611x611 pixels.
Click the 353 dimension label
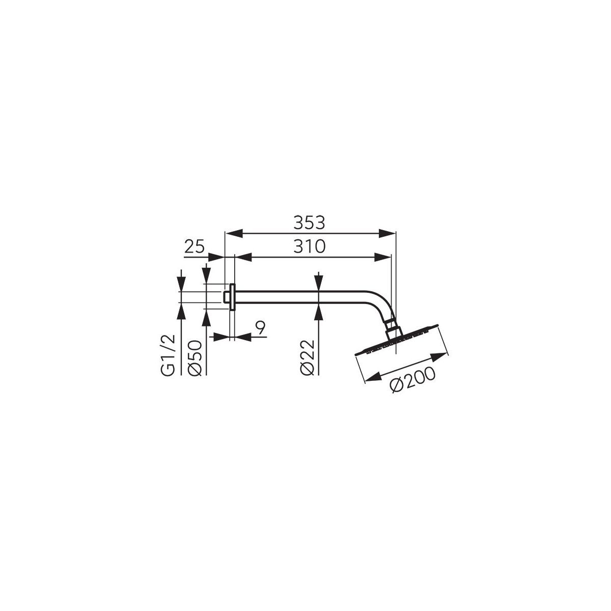(x=309, y=223)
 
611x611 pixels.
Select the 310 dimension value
(x=309, y=246)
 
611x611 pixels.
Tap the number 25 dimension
(x=195, y=246)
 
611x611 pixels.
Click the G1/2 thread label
(x=168, y=357)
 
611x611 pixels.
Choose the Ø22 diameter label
(x=307, y=358)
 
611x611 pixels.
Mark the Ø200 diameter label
(x=413, y=380)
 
